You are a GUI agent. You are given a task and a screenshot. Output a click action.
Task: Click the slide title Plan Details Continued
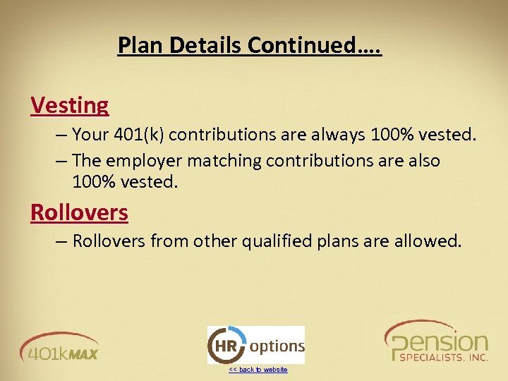click(x=250, y=45)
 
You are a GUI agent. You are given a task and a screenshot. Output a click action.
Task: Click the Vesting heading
click(x=70, y=105)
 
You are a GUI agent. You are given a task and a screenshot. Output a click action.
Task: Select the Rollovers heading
click(x=79, y=212)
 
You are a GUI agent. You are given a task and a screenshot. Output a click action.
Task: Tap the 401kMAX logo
click(x=59, y=346)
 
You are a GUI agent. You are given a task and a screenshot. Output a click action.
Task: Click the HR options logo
click(x=255, y=345)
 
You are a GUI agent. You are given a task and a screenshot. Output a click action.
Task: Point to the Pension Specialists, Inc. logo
click(x=436, y=342)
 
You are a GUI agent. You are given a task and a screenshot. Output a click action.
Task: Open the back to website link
click(x=258, y=370)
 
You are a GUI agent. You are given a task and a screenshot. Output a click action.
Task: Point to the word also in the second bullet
click(x=421, y=161)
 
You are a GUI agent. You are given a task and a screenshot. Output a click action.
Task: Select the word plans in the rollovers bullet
click(x=339, y=241)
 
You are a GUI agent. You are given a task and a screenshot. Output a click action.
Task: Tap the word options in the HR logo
click(x=277, y=346)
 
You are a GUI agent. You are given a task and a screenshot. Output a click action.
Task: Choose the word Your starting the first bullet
click(x=90, y=134)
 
